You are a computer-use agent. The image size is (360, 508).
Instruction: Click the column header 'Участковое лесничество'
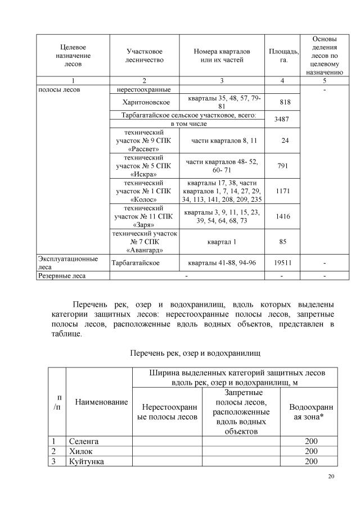pyautogui.click(x=144, y=55)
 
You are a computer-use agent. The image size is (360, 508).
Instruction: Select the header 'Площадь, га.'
pyautogui.click(x=283, y=55)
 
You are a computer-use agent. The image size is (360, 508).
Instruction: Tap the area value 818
pyautogui.click(x=285, y=102)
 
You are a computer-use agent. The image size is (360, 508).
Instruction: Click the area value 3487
pyautogui.click(x=285, y=119)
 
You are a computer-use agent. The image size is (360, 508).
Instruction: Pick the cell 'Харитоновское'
pyautogui.click(x=145, y=102)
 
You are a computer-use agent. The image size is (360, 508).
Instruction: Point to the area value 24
pyautogui.click(x=285, y=140)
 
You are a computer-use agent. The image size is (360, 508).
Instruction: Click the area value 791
pyautogui.click(x=285, y=166)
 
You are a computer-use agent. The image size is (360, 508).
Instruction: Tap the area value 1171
pyautogui.click(x=285, y=191)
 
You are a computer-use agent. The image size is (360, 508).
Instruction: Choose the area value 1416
pyautogui.click(x=285, y=216)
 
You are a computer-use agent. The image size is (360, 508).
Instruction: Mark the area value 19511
pyautogui.click(x=285, y=262)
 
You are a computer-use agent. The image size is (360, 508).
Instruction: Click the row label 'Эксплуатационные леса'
pyautogui.click(x=67, y=262)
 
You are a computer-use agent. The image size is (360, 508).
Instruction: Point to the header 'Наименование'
pyautogui.click(x=99, y=402)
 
